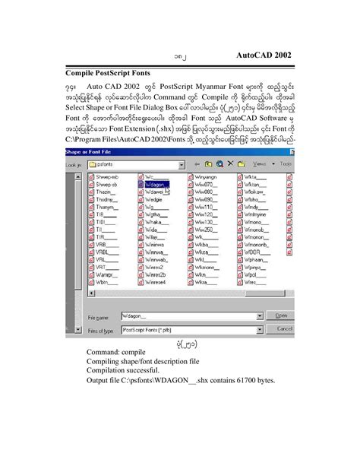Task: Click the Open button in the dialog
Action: point(280,315)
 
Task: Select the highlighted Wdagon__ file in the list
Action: point(156,184)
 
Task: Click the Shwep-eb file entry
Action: point(106,176)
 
